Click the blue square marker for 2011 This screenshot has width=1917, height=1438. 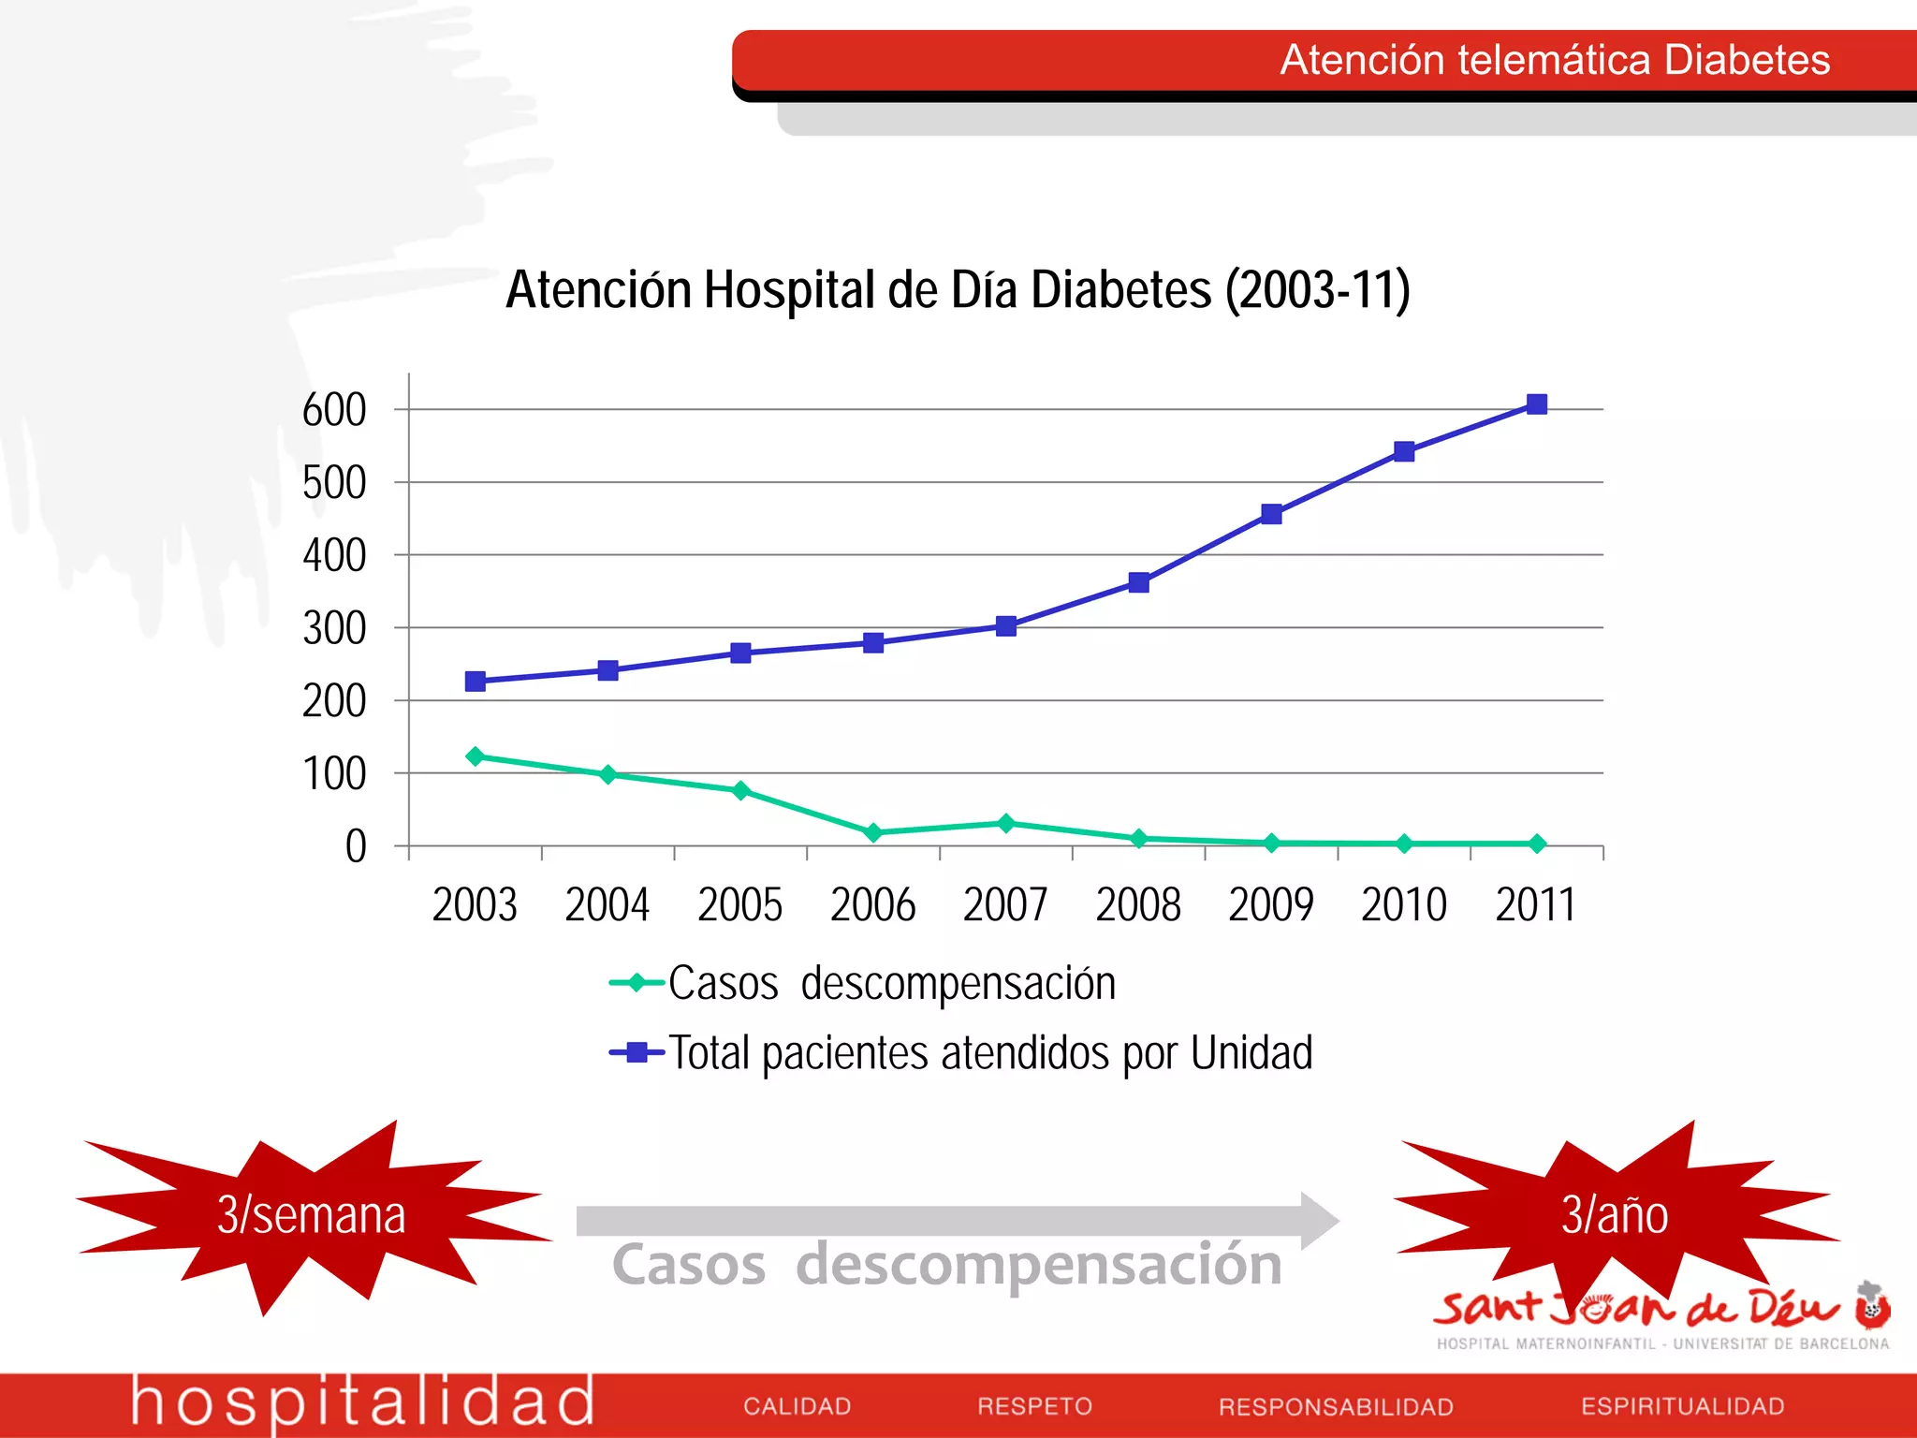[x=1536, y=404]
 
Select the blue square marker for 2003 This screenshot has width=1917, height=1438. [x=476, y=682]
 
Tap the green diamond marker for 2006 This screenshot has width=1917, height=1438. [x=873, y=832]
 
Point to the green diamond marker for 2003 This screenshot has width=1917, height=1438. [x=476, y=756]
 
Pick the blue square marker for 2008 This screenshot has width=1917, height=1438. [x=1138, y=583]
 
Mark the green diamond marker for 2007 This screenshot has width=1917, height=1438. [x=1006, y=824]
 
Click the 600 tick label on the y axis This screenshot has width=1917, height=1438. [x=334, y=410]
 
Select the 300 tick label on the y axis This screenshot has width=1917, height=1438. [x=334, y=629]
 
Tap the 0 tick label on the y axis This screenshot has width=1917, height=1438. [x=356, y=847]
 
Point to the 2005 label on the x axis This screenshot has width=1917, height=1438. [x=739, y=905]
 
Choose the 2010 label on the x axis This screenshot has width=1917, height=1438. [x=1403, y=905]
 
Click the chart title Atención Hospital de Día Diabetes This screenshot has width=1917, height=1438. [x=958, y=289]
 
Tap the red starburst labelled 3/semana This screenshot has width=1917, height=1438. [x=312, y=1215]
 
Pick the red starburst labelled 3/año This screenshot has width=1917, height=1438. [x=1615, y=1215]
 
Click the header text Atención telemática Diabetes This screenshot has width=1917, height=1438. [x=1554, y=60]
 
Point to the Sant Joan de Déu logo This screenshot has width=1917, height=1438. [x=1661, y=1315]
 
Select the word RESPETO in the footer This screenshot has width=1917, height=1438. [x=1034, y=1406]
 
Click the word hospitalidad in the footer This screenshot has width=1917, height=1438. [x=362, y=1402]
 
